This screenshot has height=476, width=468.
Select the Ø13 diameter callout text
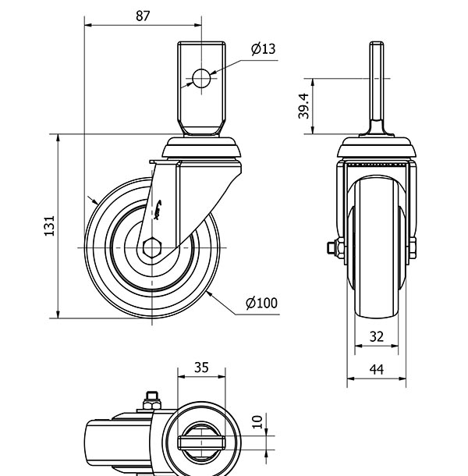tap(263, 49)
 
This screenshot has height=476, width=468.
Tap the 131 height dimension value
tap(49, 226)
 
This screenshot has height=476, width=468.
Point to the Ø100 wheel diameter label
tap(261, 303)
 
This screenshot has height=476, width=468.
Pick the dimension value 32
tap(376, 337)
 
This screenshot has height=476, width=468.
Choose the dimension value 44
tap(376, 371)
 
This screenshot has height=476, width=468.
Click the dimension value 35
tap(200, 368)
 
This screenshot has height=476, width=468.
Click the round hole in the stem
tap(201, 78)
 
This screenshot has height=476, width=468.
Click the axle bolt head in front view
tap(332, 249)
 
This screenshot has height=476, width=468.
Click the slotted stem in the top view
tap(201, 442)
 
